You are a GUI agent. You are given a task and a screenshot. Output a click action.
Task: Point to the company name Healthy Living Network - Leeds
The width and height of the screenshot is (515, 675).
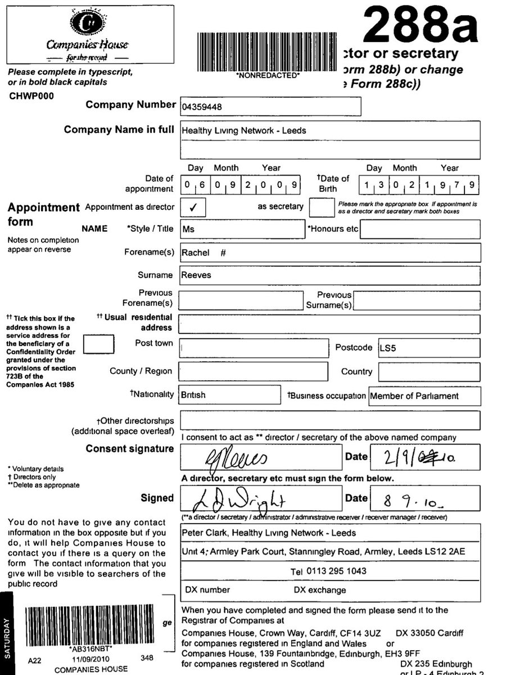tap(244, 130)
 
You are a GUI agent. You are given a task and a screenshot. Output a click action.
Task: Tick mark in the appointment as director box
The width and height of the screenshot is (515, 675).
tap(193, 207)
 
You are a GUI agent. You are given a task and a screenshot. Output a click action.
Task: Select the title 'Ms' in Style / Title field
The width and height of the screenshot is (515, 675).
tap(188, 229)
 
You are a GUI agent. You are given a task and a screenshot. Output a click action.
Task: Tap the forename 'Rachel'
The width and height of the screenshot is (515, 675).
tap(195, 253)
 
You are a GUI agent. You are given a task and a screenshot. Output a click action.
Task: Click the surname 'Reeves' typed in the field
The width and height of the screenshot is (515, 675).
tap(196, 276)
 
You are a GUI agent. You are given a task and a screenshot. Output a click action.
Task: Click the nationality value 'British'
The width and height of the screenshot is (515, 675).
tap(193, 395)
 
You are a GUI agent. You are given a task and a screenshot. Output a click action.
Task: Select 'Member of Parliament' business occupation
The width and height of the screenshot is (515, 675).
tap(414, 396)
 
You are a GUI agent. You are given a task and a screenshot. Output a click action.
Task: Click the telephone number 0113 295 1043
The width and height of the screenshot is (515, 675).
tap(336, 571)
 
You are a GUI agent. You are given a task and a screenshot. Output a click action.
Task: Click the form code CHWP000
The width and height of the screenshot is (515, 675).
tap(32, 96)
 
